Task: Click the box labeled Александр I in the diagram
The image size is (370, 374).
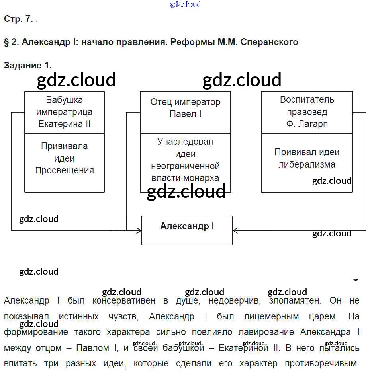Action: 187,230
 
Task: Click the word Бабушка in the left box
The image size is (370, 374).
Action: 64,100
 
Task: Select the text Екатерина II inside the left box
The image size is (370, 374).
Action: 65,124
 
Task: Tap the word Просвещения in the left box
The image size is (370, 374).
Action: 65,171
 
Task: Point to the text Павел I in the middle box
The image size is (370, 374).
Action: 185,114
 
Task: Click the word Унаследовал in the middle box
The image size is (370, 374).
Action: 185,142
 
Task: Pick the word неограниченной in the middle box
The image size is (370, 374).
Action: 185,166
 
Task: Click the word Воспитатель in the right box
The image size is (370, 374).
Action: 307,99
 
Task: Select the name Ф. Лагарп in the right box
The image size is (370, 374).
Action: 307,124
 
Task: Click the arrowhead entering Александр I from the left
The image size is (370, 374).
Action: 139,230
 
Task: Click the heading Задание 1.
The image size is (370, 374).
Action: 28,66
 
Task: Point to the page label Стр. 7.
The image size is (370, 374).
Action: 18,19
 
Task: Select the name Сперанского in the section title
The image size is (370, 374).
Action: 269,42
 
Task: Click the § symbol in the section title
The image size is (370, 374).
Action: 6,42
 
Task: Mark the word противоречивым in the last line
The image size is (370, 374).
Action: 322,364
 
